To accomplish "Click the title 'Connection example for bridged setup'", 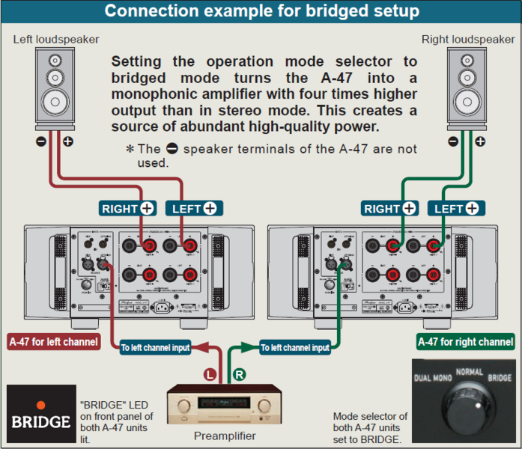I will [x=261, y=11].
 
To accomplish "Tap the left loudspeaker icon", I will [x=56, y=90].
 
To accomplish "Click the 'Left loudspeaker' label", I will [x=56, y=39].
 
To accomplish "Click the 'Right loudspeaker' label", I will [x=468, y=39].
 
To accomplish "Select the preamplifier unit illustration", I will [x=224, y=405].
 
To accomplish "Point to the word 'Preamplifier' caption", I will [x=224, y=436].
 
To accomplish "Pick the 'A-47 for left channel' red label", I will [x=54, y=342].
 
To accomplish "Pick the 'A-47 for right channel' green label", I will [x=465, y=342].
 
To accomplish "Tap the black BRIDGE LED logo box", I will [x=41, y=416].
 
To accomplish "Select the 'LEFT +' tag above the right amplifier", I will [x=455, y=209].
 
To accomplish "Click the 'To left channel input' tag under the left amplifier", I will [x=156, y=347].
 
